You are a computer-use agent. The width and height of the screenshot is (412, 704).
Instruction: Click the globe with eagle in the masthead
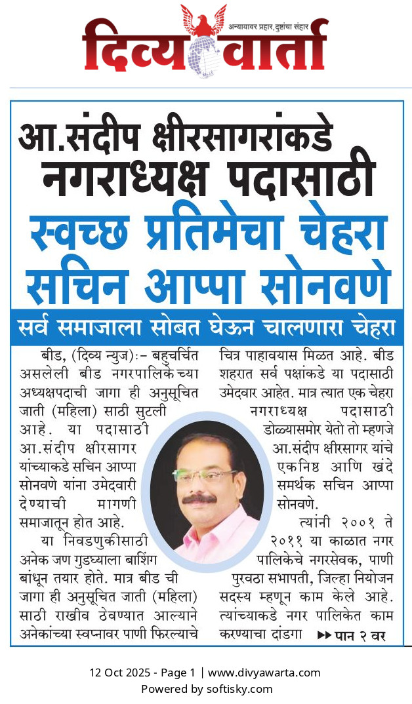(204, 46)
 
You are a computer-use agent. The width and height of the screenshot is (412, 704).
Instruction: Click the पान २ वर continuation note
(351, 635)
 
